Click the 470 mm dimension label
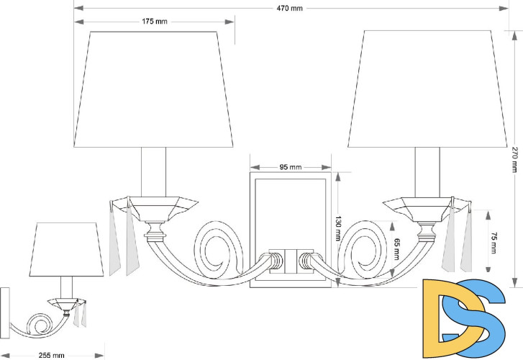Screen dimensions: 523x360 tap(289, 9)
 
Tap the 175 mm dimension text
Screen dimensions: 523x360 tap(155, 22)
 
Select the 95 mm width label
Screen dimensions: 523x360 tap(290, 167)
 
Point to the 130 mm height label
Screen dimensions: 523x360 tap(338, 229)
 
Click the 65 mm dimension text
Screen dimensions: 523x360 tap(396, 249)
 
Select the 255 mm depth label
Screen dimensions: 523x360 tap(51, 356)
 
